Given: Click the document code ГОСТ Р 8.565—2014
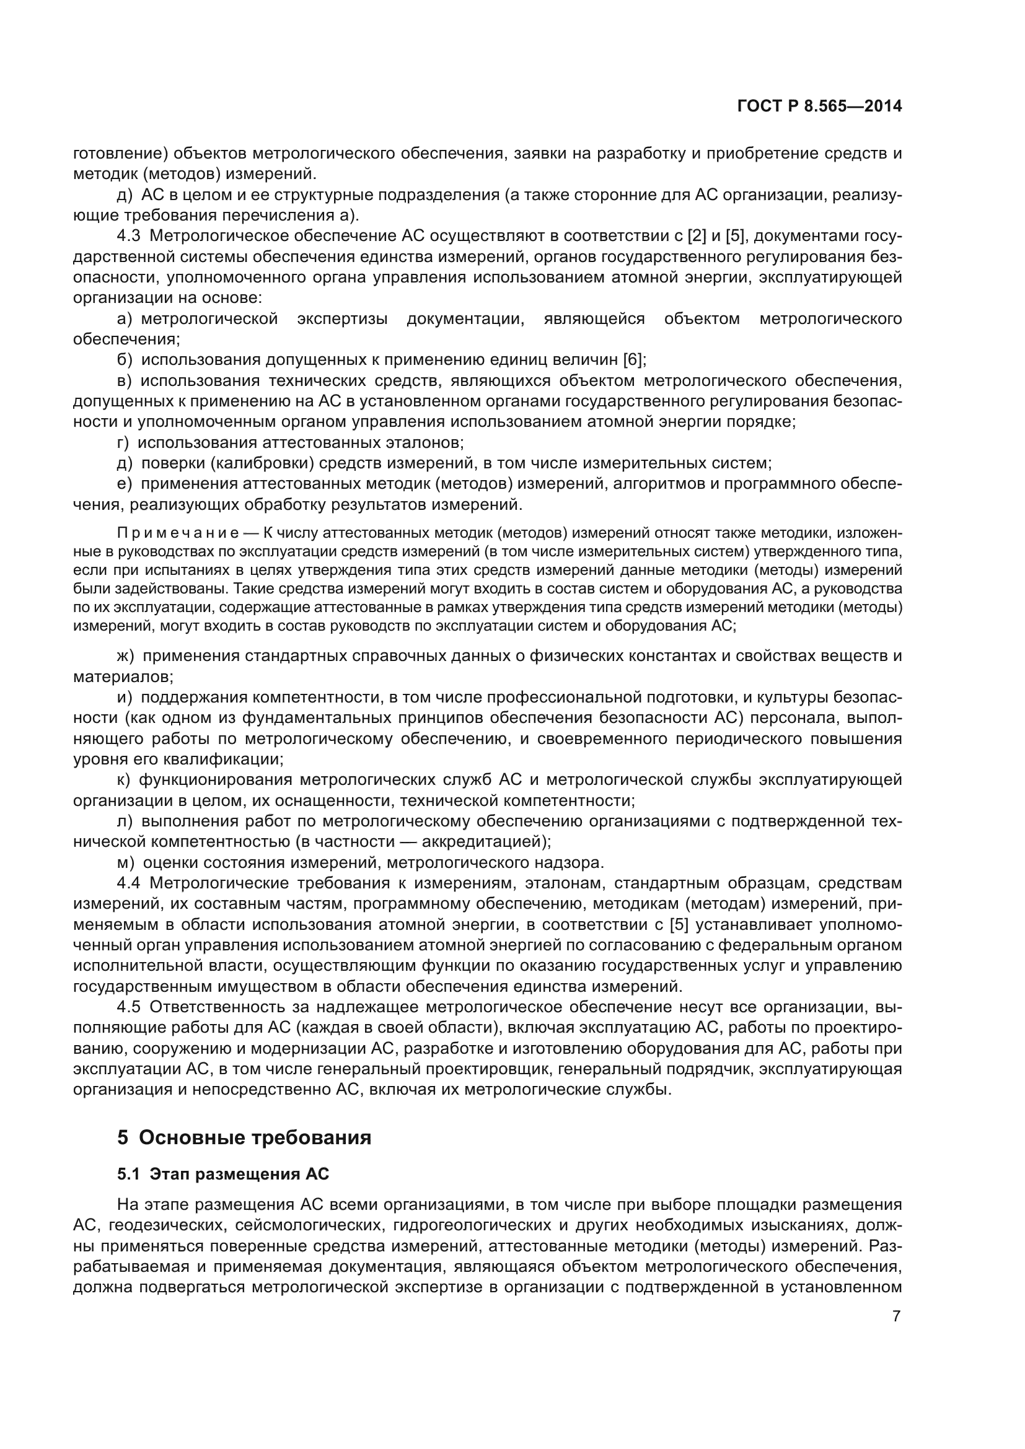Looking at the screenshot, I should pos(819,107).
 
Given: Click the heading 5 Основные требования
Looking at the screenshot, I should pos(244,1138).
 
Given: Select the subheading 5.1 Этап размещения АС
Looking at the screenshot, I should pos(223,1175).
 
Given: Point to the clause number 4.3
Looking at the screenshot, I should pos(129,236).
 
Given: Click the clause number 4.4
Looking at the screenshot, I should pos(129,883).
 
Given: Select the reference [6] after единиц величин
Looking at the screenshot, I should pos(633,360).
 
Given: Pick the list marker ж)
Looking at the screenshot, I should pos(126,655).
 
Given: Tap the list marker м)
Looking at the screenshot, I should pos(126,862).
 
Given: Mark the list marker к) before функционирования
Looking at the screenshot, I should pos(124,780).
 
